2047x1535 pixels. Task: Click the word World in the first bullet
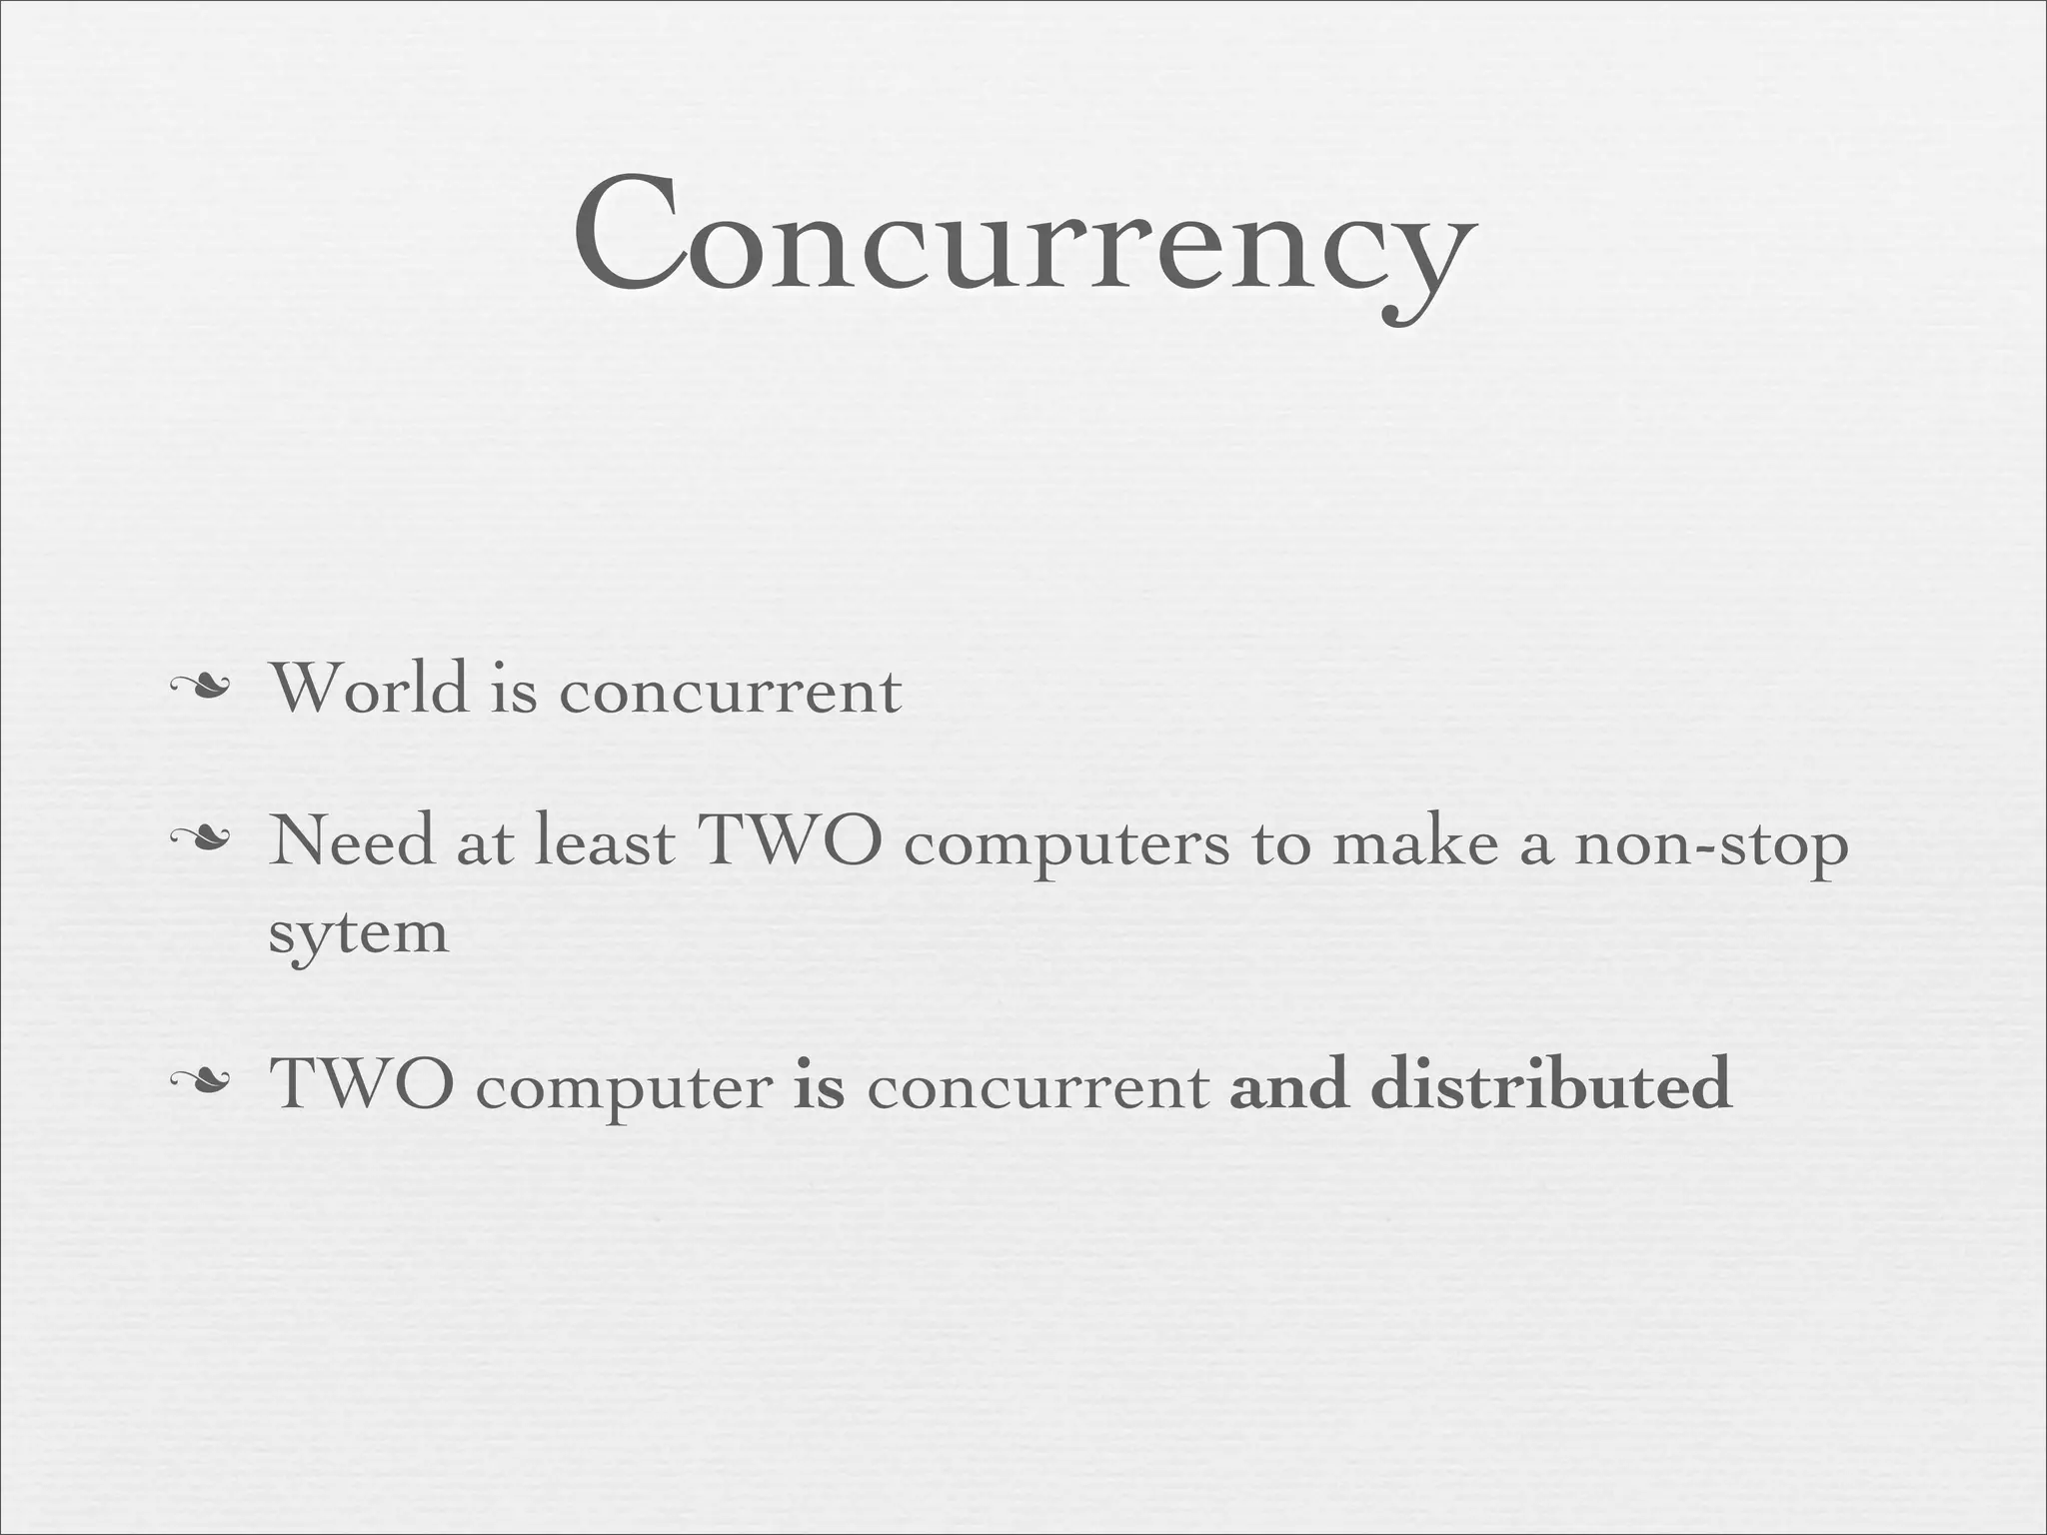(x=370, y=689)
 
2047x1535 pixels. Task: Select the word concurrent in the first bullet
(x=731, y=692)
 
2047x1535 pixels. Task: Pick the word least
(x=605, y=840)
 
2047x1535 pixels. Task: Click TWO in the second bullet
(x=790, y=840)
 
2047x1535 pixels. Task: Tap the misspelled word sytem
(x=359, y=934)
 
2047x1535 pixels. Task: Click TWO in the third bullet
(x=362, y=1084)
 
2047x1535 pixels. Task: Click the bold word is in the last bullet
(x=819, y=1084)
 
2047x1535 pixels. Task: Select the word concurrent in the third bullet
(x=1038, y=1087)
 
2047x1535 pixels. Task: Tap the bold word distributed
(x=1550, y=1084)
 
